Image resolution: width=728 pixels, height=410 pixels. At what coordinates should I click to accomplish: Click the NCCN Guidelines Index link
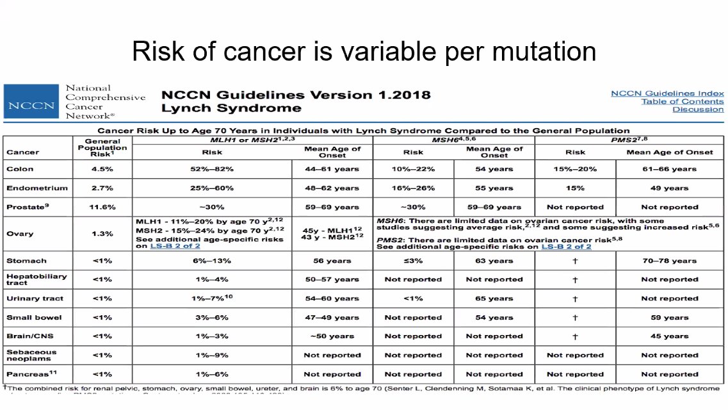[x=667, y=94]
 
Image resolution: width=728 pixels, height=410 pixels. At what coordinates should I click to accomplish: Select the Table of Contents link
[x=682, y=102]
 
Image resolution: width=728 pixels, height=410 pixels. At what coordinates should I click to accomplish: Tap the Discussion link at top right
[x=698, y=110]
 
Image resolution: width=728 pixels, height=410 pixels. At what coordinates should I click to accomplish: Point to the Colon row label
[x=20, y=169]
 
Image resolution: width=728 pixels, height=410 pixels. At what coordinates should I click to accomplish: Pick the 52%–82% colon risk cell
[x=212, y=169]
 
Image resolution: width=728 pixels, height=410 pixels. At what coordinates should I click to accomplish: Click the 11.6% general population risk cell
[x=102, y=207]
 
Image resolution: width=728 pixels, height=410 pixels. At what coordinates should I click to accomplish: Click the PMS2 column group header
[x=630, y=139]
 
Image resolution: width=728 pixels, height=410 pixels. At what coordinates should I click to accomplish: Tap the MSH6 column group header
[x=454, y=139]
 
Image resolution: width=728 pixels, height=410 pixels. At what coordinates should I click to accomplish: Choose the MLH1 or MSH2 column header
[x=252, y=139]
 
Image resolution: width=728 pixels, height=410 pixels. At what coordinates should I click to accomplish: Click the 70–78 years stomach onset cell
[x=670, y=261]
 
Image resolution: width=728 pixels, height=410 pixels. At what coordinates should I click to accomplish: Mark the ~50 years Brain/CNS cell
[x=332, y=336]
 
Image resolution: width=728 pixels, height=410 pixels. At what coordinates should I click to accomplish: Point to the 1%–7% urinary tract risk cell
[x=212, y=299]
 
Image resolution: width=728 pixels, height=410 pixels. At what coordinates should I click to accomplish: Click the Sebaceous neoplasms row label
[x=31, y=355]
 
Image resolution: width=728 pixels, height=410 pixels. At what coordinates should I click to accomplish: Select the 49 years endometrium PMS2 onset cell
[x=670, y=188]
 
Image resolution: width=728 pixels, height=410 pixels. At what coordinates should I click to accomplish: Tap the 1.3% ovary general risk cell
[x=102, y=234]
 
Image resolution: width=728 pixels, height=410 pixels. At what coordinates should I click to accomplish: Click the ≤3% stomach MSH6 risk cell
[x=413, y=261]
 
